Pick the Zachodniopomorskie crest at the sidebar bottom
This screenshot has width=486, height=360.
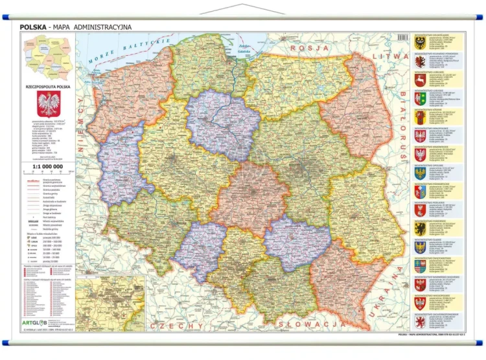point(420,322)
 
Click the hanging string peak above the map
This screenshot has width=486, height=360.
point(242,5)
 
